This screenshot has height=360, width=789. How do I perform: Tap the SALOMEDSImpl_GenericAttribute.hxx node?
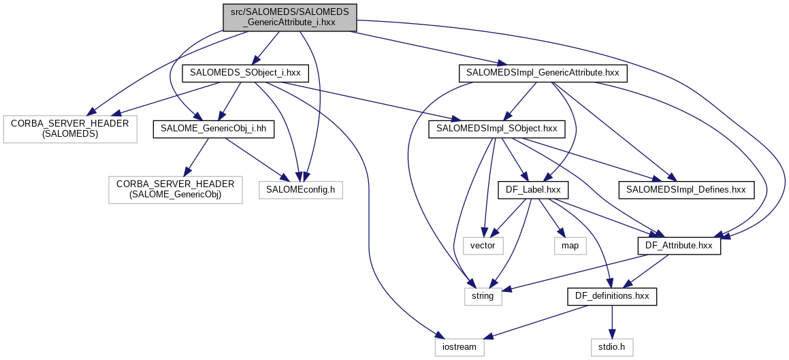click(543, 71)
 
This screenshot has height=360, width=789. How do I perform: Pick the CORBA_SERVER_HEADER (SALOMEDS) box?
click(69, 128)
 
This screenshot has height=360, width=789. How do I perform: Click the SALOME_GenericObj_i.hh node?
click(213, 128)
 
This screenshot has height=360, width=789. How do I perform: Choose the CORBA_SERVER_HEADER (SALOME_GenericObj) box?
click(175, 190)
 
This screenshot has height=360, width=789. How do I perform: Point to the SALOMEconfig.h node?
click(300, 190)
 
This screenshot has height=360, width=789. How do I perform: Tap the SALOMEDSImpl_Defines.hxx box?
click(686, 190)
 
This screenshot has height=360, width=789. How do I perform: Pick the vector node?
click(483, 245)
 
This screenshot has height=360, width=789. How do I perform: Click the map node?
click(570, 245)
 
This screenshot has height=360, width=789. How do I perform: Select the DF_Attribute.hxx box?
click(678, 245)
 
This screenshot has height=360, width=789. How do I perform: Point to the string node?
click(483, 296)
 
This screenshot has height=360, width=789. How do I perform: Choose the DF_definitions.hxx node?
click(612, 296)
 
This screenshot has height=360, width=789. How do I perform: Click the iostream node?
click(460, 347)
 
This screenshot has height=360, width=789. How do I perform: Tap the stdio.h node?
click(612, 347)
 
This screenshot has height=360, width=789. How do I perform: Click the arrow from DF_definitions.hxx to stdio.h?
click(612, 322)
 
